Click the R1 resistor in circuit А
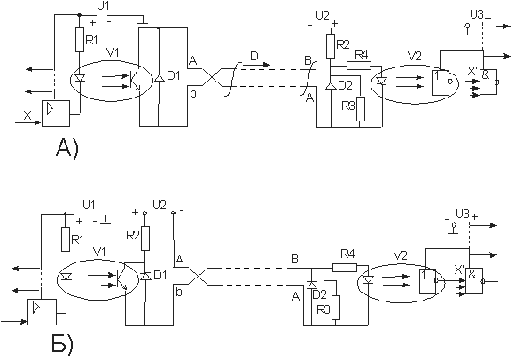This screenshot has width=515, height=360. [80, 40]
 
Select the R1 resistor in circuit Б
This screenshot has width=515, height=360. [66, 239]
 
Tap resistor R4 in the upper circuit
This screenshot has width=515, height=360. [359, 66]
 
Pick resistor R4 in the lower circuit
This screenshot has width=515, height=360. [345, 268]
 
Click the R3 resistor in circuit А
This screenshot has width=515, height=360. [360, 109]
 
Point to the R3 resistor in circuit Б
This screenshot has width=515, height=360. [336, 308]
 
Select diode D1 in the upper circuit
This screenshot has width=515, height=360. [159, 78]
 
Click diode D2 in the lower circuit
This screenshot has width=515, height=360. [311, 286]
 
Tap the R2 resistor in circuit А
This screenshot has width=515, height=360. [331, 45]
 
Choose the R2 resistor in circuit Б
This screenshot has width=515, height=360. [145, 239]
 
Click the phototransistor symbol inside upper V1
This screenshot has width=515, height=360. [133, 81]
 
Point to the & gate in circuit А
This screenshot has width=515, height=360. [488, 82]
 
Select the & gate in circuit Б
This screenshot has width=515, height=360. [474, 281]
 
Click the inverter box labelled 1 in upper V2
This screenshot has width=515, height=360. [441, 82]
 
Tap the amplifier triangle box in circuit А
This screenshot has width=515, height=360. [56, 113]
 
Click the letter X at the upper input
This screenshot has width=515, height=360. [27, 115]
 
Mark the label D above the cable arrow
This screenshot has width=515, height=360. [254, 57]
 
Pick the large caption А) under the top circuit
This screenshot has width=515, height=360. [67, 149]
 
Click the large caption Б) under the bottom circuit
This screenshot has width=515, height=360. [63, 343]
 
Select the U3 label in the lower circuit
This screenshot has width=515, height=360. [463, 215]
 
